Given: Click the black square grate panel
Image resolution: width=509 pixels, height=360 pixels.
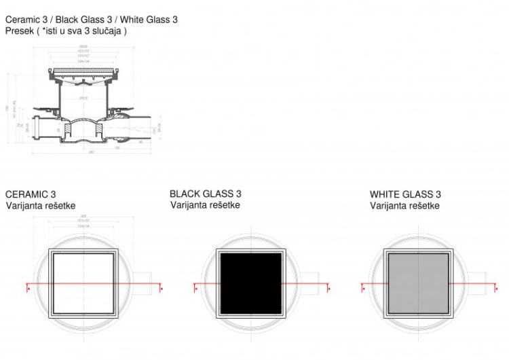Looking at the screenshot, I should point(252,281).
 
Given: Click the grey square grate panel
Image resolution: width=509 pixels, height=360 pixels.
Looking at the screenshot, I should point(418,281).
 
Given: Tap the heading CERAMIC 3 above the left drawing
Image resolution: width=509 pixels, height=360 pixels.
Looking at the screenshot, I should point(31,194).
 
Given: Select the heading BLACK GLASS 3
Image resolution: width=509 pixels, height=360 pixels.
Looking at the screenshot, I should point(205,194).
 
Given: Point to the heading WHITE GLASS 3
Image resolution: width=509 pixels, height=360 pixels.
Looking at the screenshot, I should point(405,194).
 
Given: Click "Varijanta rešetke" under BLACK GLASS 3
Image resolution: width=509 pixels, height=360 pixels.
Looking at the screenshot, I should point(205,205).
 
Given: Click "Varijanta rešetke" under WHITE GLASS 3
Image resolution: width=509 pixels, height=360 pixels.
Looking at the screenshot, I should point(404,206).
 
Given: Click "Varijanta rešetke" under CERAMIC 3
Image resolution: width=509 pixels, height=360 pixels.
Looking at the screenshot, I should point(41,206).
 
